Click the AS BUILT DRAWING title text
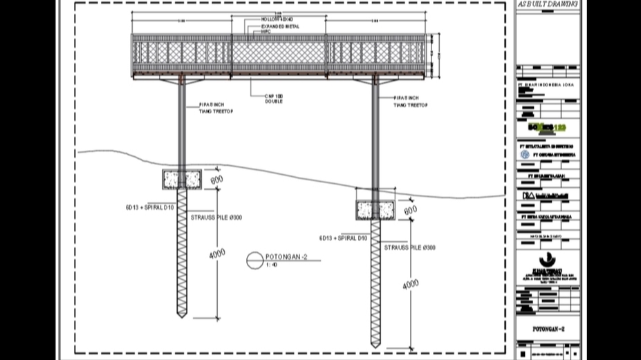(548, 4)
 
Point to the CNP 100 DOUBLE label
(273, 97)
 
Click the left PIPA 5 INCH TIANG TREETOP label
(212, 107)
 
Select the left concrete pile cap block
(183, 180)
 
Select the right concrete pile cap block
(375, 210)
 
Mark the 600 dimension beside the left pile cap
(216, 180)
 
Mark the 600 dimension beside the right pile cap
(410, 209)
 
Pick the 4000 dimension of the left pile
(217, 253)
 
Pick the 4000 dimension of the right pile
(411, 283)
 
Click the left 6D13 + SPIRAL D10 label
(150, 207)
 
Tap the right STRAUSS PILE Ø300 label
(411, 247)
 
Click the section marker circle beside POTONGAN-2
(254, 260)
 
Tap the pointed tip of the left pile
(182, 316)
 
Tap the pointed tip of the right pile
(375, 345)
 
